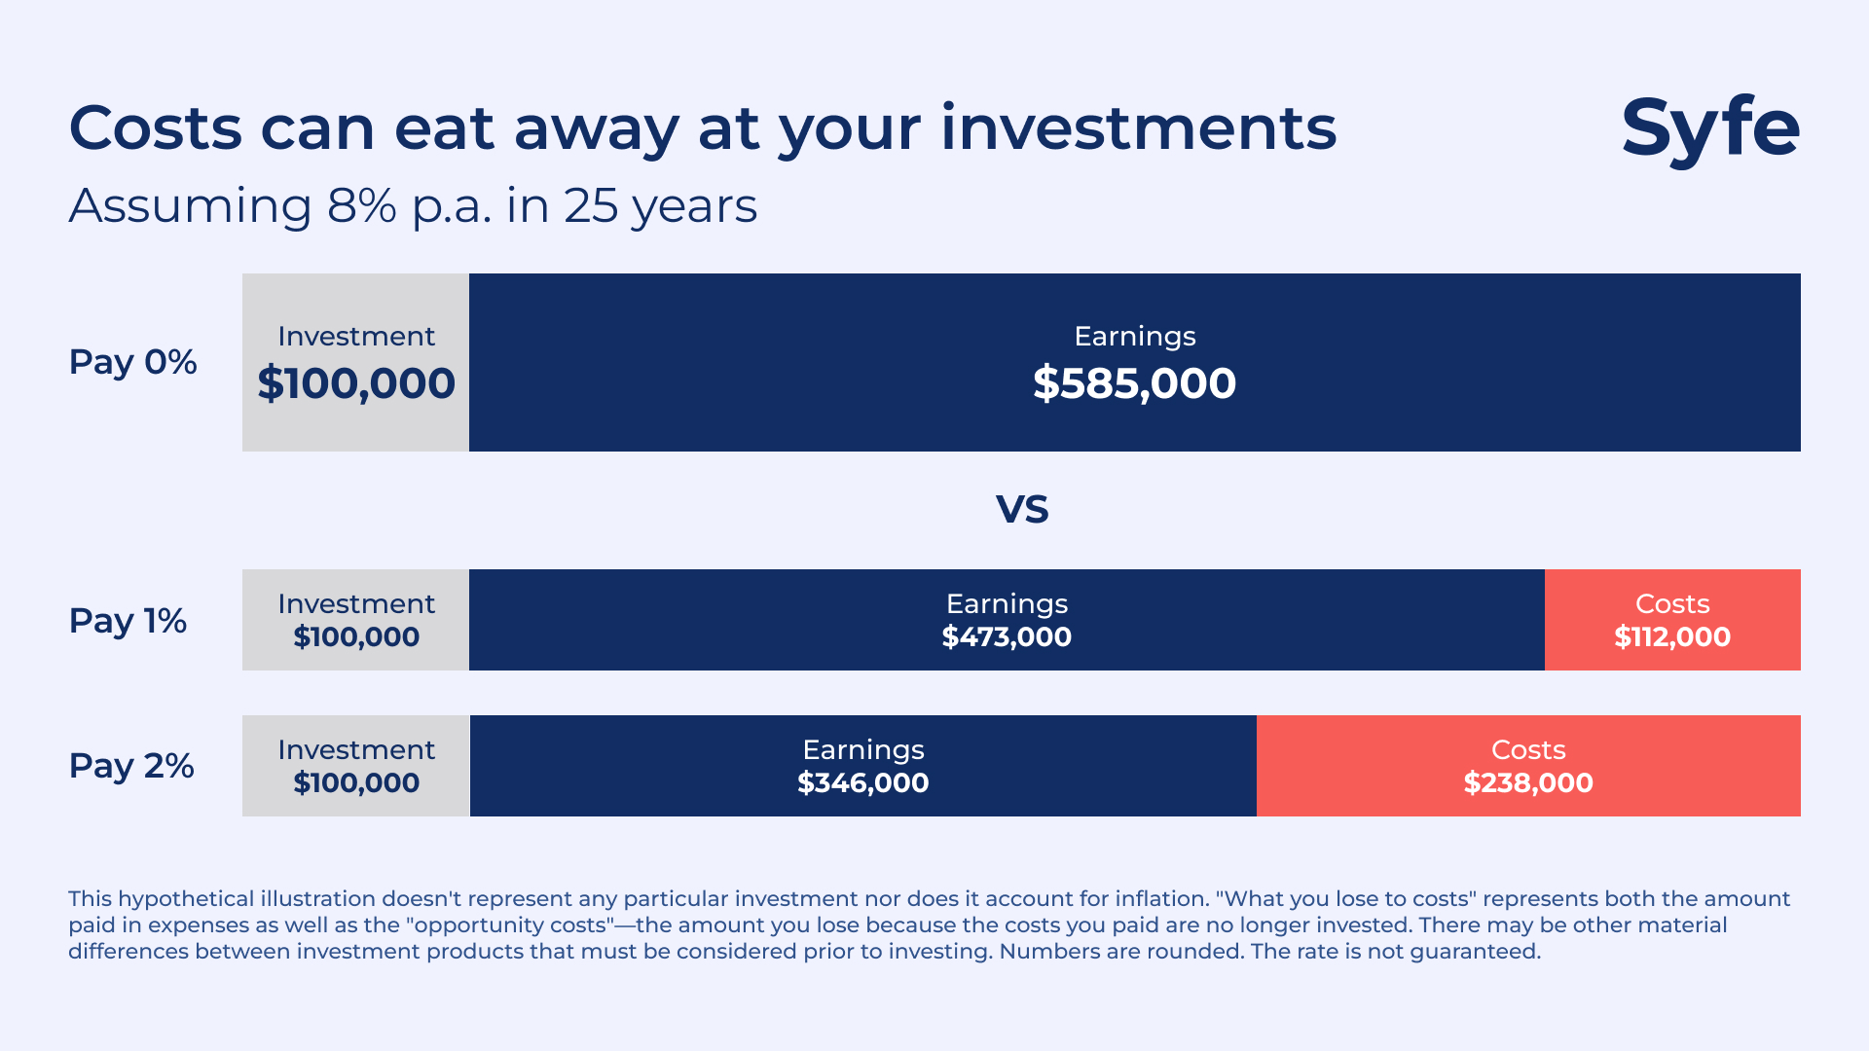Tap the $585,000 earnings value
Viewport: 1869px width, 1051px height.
coord(1134,383)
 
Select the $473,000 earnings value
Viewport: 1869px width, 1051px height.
coord(1007,637)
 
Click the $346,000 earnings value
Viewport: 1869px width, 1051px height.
coord(862,783)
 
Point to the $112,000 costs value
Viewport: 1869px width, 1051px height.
coord(1671,637)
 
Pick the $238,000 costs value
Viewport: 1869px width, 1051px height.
coord(1527,783)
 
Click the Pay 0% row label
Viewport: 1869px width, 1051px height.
coord(132,362)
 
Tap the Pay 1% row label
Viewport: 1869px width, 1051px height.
coord(128,621)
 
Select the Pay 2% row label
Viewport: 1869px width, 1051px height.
coord(131,766)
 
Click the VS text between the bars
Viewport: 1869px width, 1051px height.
coord(1021,509)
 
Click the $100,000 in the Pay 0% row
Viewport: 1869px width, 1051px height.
coord(356,383)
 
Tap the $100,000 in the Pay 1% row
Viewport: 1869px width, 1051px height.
coord(356,637)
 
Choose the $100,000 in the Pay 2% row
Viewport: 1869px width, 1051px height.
coord(356,783)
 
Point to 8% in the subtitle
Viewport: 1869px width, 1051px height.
coord(361,205)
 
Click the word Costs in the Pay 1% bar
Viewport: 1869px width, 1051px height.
coord(1671,603)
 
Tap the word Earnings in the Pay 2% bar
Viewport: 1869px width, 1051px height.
coord(862,749)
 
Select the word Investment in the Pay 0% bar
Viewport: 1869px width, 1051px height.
coord(356,336)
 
